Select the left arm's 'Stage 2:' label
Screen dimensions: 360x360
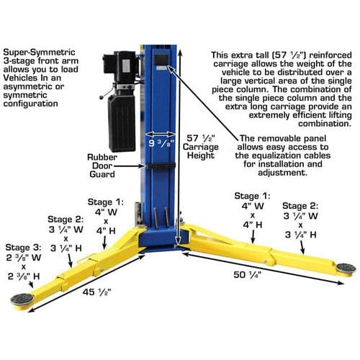(x=66, y=219)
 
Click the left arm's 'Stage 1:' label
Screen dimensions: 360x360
(x=106, y=202)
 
